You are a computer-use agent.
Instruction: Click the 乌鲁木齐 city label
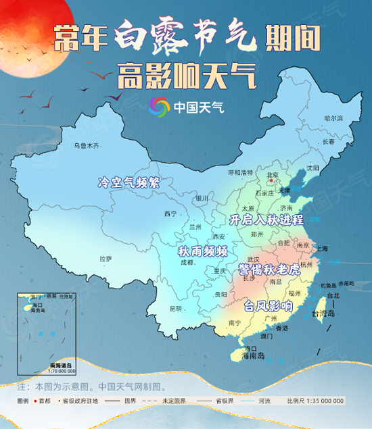[86, 145]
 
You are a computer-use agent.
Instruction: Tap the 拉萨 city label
[106, 259]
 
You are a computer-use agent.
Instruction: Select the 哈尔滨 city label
[333, 118]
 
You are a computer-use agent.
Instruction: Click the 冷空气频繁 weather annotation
[129, 182]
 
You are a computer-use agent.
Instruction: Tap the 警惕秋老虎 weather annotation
[269, 269]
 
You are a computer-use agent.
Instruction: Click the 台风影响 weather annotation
[269, 305]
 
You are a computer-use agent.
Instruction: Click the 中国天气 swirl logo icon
[159, 106]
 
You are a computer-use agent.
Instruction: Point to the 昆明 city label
[175, 309]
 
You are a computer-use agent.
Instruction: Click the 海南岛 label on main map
[251, 355]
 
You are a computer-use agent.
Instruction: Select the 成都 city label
[185, 261]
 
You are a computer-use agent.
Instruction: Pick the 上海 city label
[321, 249]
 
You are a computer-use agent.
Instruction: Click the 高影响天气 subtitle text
[186, 75]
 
